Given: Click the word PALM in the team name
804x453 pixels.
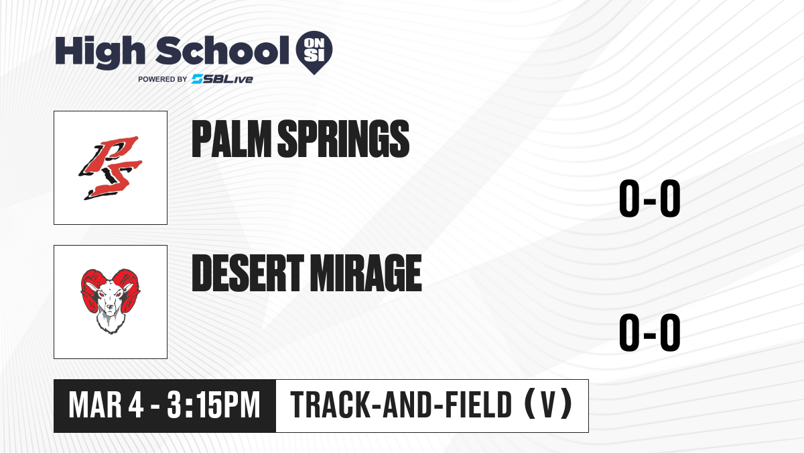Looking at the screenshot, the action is pos(232,139).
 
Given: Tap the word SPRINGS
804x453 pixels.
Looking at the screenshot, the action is pos(344,139).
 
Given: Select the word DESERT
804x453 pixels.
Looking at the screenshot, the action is pos(248,273).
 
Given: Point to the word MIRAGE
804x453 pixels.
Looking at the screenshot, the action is pos(366,273).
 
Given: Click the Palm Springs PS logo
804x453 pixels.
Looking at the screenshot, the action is pos(111,168).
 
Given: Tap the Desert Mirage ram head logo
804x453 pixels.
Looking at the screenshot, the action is pos(111,301).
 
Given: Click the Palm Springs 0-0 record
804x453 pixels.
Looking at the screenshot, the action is pos(650,198).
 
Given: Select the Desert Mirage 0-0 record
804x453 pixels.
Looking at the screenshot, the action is pos(650,332).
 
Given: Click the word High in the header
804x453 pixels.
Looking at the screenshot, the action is pos(100,52).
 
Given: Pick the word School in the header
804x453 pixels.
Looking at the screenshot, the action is pos(222,50).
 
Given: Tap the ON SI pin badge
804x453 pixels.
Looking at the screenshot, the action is pos(314,52).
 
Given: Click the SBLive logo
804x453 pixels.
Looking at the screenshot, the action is pos(222,79).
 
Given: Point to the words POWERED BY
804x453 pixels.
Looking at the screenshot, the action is pos(163,79).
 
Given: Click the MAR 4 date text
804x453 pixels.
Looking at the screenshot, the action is pos(107,405).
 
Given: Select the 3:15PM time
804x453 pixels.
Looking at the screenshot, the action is pos(213,405).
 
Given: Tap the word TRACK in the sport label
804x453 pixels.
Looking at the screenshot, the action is pos(331,405).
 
